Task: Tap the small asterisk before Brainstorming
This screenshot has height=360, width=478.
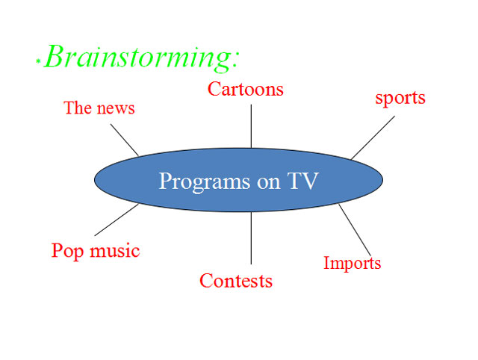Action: pos(37,59)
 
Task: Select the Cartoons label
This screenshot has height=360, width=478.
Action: pos(246,89)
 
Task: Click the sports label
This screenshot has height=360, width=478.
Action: pos(400,98)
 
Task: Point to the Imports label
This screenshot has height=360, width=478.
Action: pos(352,263)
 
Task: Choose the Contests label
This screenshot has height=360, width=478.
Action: pos(236,281)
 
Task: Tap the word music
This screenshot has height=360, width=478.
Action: pos(114,251)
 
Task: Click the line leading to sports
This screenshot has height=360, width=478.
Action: pos(373,137)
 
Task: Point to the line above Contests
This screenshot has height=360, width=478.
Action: pos(251,238)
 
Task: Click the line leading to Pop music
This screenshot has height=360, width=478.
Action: pos(117,220)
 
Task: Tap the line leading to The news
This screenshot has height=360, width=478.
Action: pos(125,140)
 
